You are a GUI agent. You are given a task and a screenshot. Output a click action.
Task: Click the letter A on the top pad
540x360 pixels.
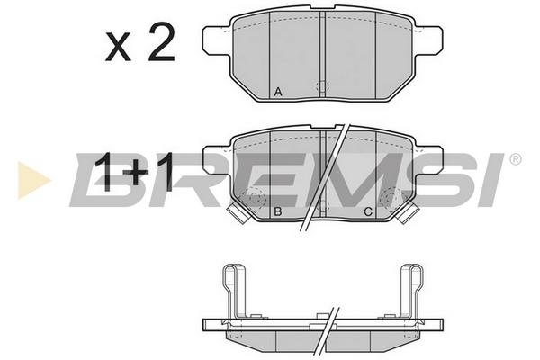pyautogui.click(x=278, y=92)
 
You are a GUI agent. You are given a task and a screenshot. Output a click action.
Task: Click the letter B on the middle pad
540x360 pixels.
pyautogui.click(x=277, y=211)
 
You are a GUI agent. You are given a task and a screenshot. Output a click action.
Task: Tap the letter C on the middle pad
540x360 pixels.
pyautogui.click(x=368, y=211)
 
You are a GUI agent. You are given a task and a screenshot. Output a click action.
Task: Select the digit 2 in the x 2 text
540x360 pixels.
pyautogui.click(x=161, y=42)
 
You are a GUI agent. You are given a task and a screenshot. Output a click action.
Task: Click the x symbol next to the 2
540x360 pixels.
pyautogui.click(x=118, y=47)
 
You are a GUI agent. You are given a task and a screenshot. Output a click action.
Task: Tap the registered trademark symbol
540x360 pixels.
pyautogui.click(x=515, y=159)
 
